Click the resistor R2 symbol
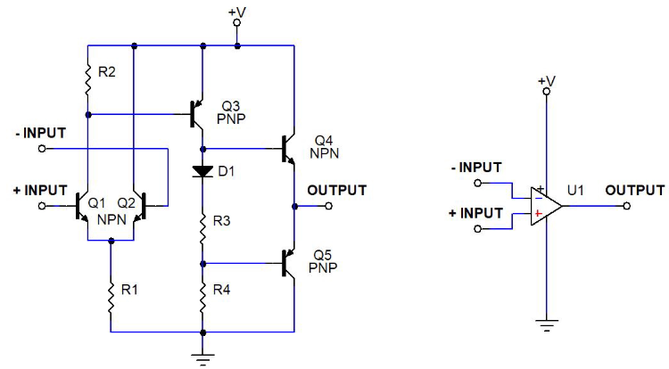click(x=88, y=78)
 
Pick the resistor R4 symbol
click(x=203, y=295)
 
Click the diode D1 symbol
click(x=203, y=170)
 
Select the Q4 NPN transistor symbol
click(x=288, y=149)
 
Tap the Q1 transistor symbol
click(x=83, y=206)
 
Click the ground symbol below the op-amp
click(x=546, y=324)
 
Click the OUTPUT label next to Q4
click(x=336, y=190)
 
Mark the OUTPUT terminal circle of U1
click(x=627, y=206)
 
